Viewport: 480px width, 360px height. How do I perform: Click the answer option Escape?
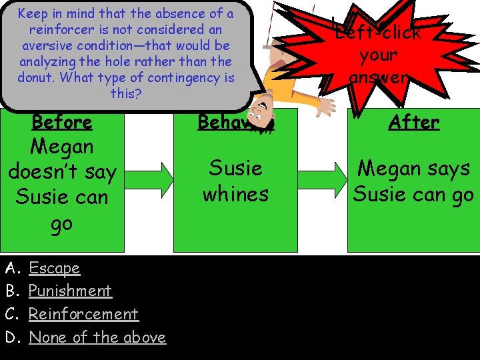tap(54, 268)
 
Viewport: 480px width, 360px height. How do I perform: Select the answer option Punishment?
tap(70, 291)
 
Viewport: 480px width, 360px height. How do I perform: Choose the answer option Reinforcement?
tap(83, 314)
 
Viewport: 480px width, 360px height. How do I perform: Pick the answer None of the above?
tap(97, 337)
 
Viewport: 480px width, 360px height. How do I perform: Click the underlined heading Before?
tap(62, 122)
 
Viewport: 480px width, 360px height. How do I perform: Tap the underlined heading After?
tap(414, 122)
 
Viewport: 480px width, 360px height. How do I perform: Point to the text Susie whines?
tap(235, 181)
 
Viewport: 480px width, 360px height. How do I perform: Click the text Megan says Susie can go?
tap(413, 181)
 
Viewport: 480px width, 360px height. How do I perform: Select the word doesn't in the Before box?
tap(62, 172)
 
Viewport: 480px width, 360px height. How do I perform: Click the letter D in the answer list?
tap(11, 337)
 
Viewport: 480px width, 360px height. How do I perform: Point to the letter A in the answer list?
tap(11, 268)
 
